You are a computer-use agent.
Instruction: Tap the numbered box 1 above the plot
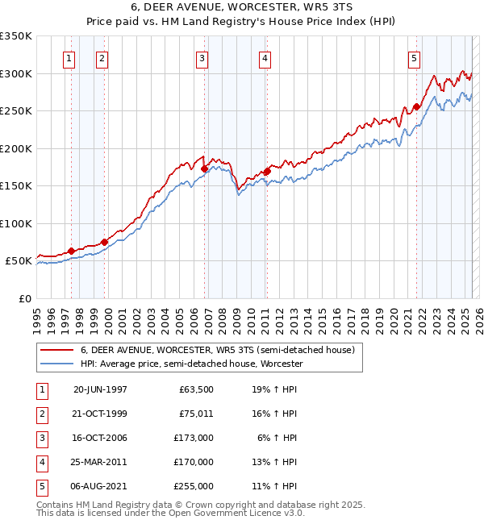[x=69, y=57]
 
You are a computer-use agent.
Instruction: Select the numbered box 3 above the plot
[x=202, y=57]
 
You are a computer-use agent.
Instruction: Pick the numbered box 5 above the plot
[x=414, y=57]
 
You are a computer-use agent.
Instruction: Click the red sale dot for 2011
[x=267, y=171]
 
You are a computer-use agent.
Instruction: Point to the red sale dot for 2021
[x=416, y=106]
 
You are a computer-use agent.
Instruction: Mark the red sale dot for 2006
[x=204, y=168]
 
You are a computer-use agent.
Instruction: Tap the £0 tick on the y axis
[x=25, y=298]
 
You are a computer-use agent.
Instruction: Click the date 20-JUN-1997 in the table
[x=100, y=389]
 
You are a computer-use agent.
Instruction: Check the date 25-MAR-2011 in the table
[x=100, y=462]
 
